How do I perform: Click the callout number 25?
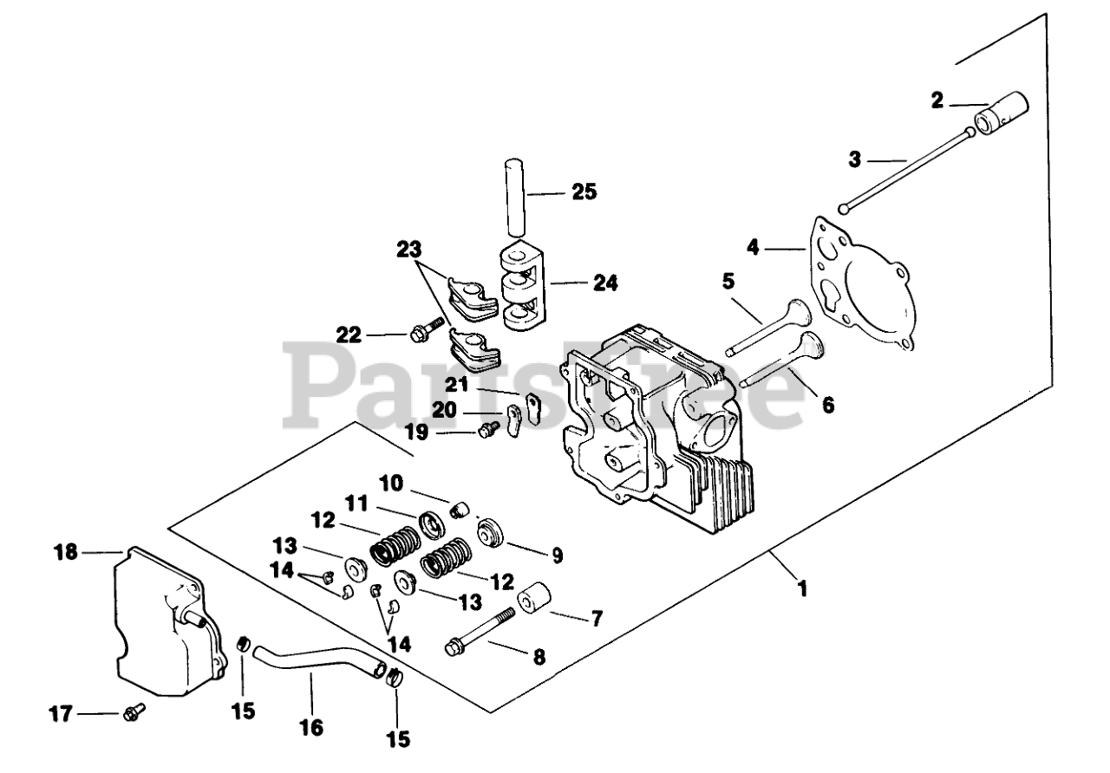pyautogui.click(x=584, y=192)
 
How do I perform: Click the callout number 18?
pyautogui.click(x=66, y=551)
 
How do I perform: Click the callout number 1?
pyautogui.click(x=802, y=588)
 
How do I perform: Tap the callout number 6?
pyautogui.click(x=828, y=405)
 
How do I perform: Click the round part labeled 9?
pyautogui.click(x=492, y=533)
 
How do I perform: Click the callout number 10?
pyautogui.click(x=391, y=481)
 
